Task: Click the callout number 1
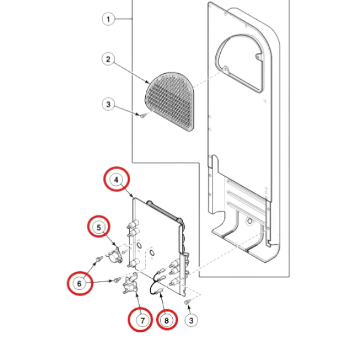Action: coord(108,20)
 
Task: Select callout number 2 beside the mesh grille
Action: coord(108,59)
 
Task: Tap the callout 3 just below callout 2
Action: coord(108,104)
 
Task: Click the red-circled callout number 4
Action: coord(116,179)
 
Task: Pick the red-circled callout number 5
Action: coord(98,226)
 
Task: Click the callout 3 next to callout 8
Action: coord(191,320)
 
